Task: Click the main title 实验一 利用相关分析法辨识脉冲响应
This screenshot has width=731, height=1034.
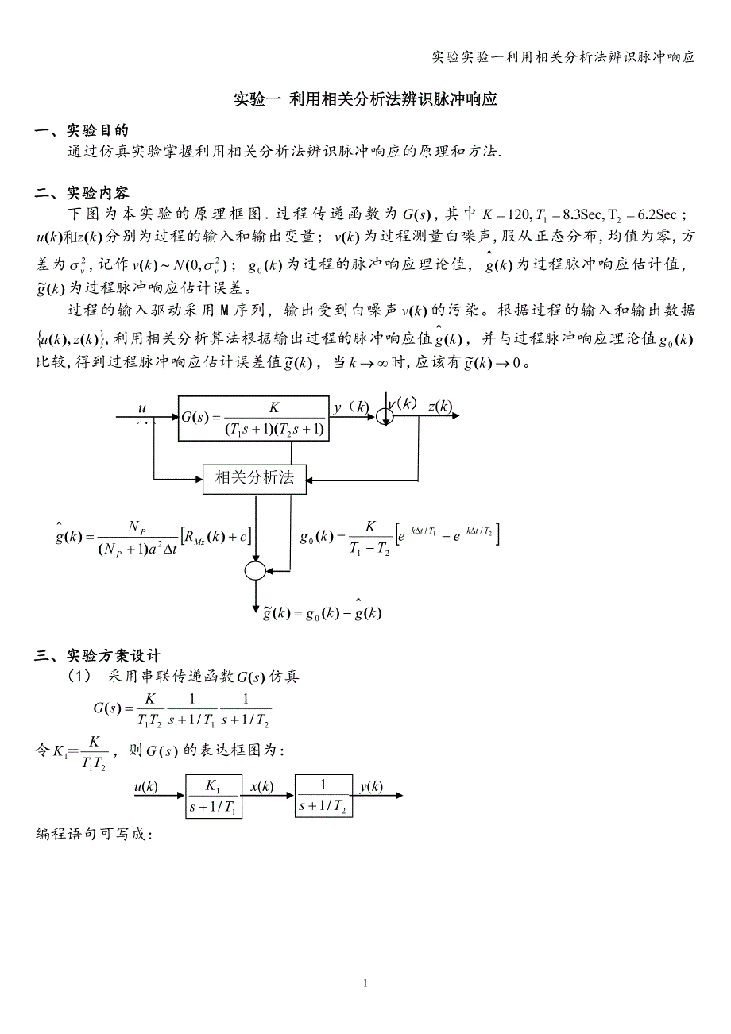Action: tap(365, 100)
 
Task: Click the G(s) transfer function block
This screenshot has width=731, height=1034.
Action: tap(253, 418)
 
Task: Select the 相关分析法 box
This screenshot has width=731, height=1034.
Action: tap(254, 478)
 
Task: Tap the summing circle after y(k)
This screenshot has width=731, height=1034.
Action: tap(385, 415)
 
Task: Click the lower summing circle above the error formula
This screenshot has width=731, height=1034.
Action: tap(255, 570)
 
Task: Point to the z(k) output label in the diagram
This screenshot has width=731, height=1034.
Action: tap(439, 407)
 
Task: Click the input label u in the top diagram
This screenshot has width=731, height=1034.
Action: tap(142, 408)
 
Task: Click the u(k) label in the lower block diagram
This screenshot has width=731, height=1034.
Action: tap(145, 787)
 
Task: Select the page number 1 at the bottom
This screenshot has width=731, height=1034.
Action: tap(365, 983)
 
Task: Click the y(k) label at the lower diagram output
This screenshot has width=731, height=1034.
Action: tap(370, 787)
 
